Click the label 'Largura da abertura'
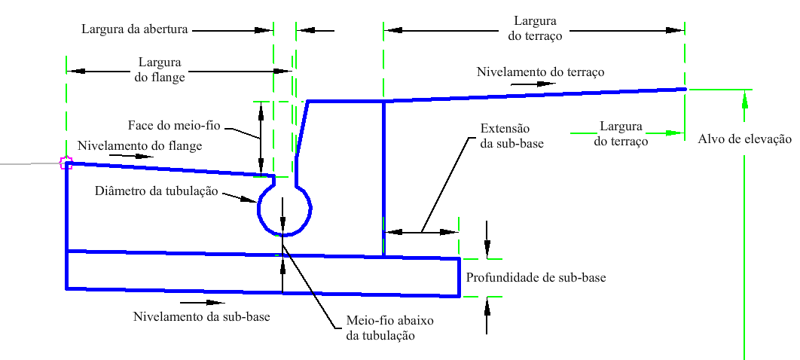coord(135,29)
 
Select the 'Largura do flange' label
coord(160,70)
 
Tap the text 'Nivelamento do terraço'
coord(540,72)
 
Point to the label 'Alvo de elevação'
coord(744,139)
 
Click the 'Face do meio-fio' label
coord(173,126)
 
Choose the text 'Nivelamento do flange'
coord(140,146)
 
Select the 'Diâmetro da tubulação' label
coord(157,192)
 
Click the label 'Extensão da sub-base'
coord(511,135)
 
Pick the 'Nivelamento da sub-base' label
coord(202,316)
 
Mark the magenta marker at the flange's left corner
coord(66,163)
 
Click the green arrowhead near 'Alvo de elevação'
coord(745,99)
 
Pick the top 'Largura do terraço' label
coord(535,29)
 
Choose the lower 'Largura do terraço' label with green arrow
coord(621,133)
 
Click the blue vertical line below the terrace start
coord(383,178)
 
